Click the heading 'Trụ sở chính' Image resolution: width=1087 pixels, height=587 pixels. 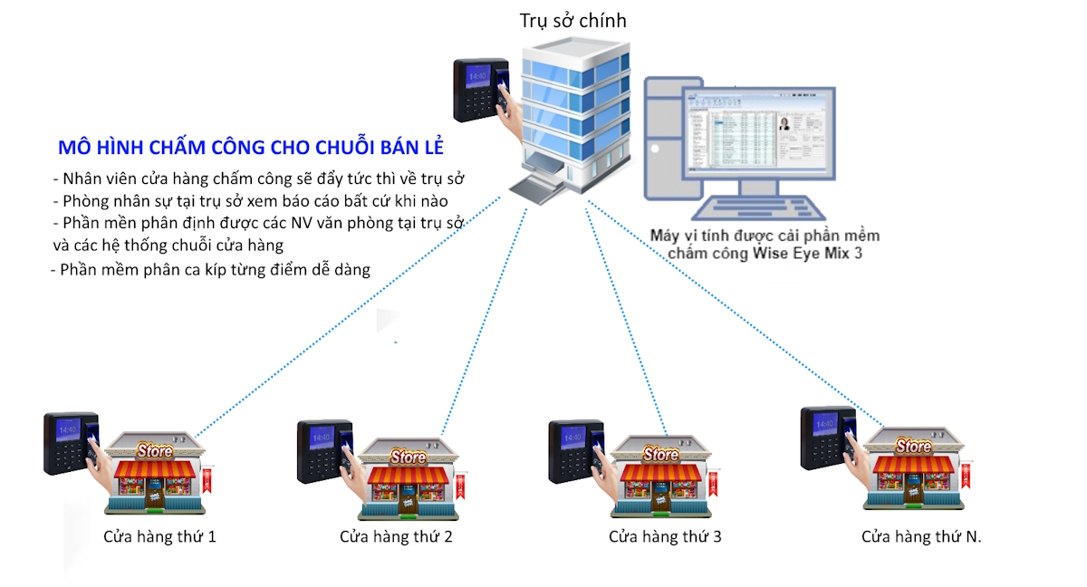pyautogui.click(x=572, y=20)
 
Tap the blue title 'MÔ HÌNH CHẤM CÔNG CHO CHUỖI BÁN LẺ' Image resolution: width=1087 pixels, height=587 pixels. pyautogui.click(x=250, y=148)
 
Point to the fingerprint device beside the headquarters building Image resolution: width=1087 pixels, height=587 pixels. pyautogui.click(x=481, y=90)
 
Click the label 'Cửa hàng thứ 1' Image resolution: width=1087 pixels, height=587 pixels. pyautogui.click(x=159, y=536)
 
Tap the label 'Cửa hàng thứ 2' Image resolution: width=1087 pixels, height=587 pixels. pyautogui.click(x=396, y=536)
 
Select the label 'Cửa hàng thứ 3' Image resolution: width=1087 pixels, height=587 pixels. pyautogui.click(x=665, y=536)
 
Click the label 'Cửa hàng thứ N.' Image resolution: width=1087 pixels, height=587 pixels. pyautogui.click(x=921, y=536)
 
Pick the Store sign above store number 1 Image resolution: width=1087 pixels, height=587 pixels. pyautogui.click(x=154, y=450)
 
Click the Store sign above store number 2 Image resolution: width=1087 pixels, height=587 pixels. pyautogui.click(x=407, y=457)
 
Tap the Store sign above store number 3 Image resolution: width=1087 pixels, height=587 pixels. pyautogui.click(x=659, y=454)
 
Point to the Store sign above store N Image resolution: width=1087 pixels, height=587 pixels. pyautogui.click(x=912, y=446)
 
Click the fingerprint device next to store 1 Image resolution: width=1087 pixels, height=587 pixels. pyautogui.click(x=70, y=443)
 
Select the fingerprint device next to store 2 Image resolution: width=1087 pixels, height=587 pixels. pyautogui.click(x=323, y=450)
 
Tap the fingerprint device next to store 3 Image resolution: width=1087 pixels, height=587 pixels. pyautogui.click(x=575, y=450)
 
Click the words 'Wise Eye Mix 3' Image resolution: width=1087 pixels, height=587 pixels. pyautogui.click(x=807, y=254)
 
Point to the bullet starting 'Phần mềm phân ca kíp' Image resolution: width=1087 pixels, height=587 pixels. pyautogui.click(x=212, y=270)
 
